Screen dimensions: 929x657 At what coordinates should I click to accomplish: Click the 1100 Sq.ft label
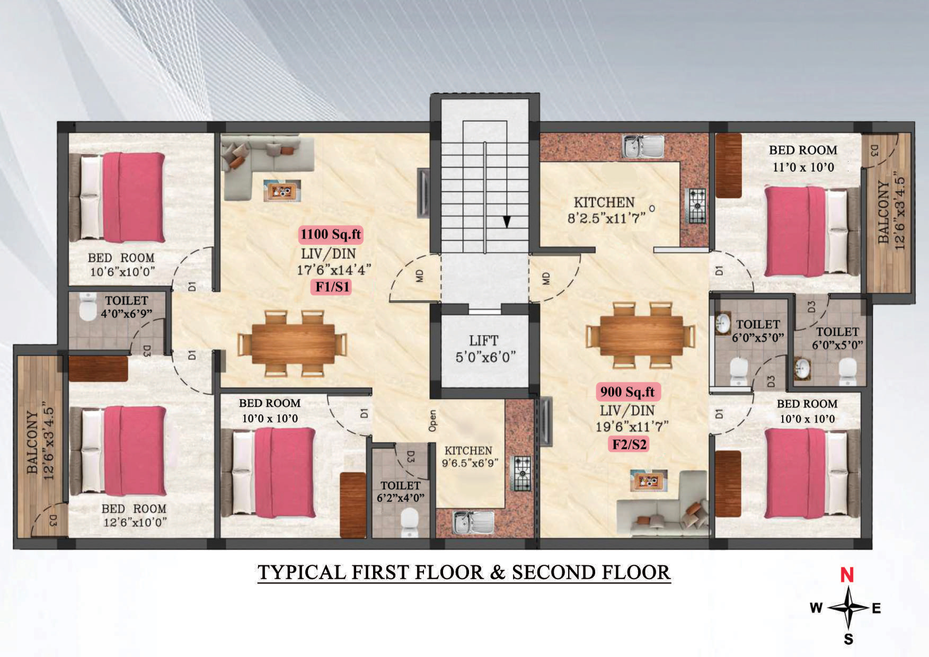point(331,234)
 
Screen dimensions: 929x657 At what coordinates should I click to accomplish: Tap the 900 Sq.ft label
point(627,392)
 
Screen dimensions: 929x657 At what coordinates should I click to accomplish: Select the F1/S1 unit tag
point(332,287)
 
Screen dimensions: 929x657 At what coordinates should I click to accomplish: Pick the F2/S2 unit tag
point(629,444)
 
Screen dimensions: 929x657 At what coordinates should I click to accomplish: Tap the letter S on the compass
point(848,639)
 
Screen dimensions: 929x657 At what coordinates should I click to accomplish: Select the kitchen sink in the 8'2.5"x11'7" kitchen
point(643,146)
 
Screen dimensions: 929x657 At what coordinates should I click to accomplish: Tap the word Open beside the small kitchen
point(432,421)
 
